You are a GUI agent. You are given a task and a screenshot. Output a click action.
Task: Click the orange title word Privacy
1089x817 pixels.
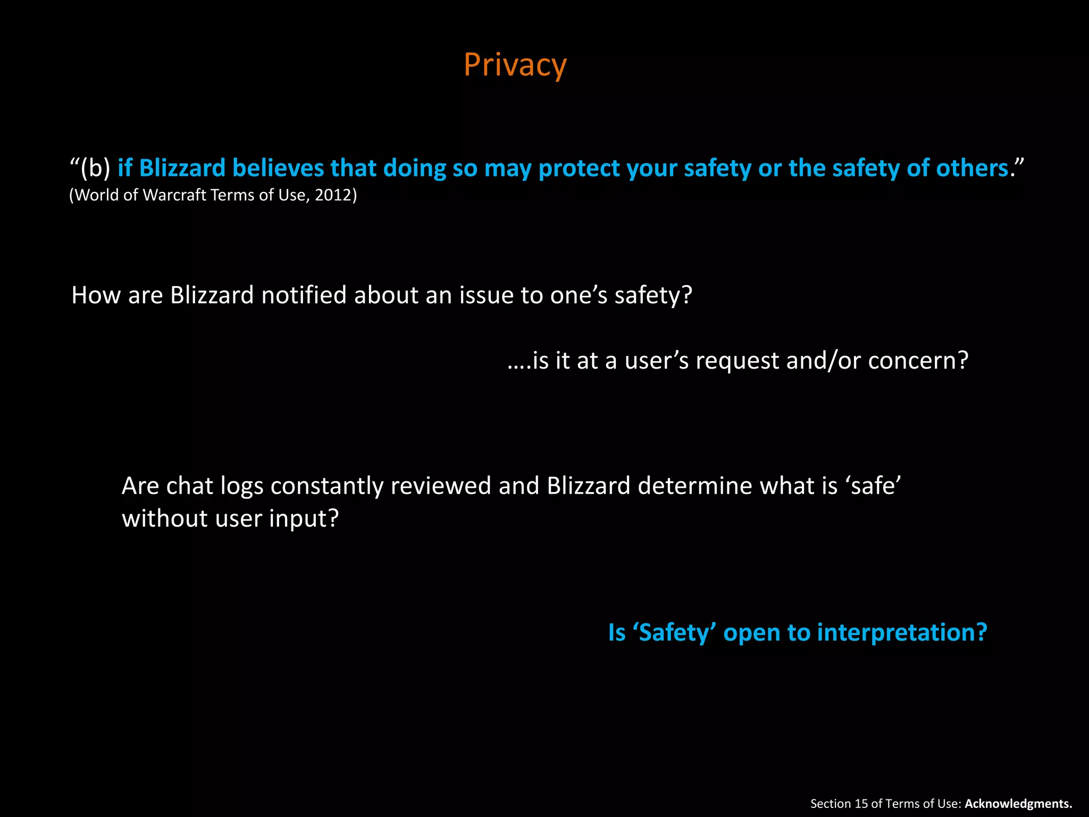click(515, 65)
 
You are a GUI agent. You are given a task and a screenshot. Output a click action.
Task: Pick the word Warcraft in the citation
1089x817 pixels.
click(174, 195)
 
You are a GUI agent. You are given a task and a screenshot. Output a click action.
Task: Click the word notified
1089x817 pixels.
click(304, 295)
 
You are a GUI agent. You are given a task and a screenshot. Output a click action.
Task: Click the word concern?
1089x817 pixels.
click(918, 361)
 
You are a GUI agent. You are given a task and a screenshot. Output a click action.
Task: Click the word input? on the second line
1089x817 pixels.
click(304, 519)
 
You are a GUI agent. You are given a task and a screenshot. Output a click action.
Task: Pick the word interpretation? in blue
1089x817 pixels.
click(902, 633)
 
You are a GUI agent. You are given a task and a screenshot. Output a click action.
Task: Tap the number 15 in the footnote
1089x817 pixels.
click(861, 804)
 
